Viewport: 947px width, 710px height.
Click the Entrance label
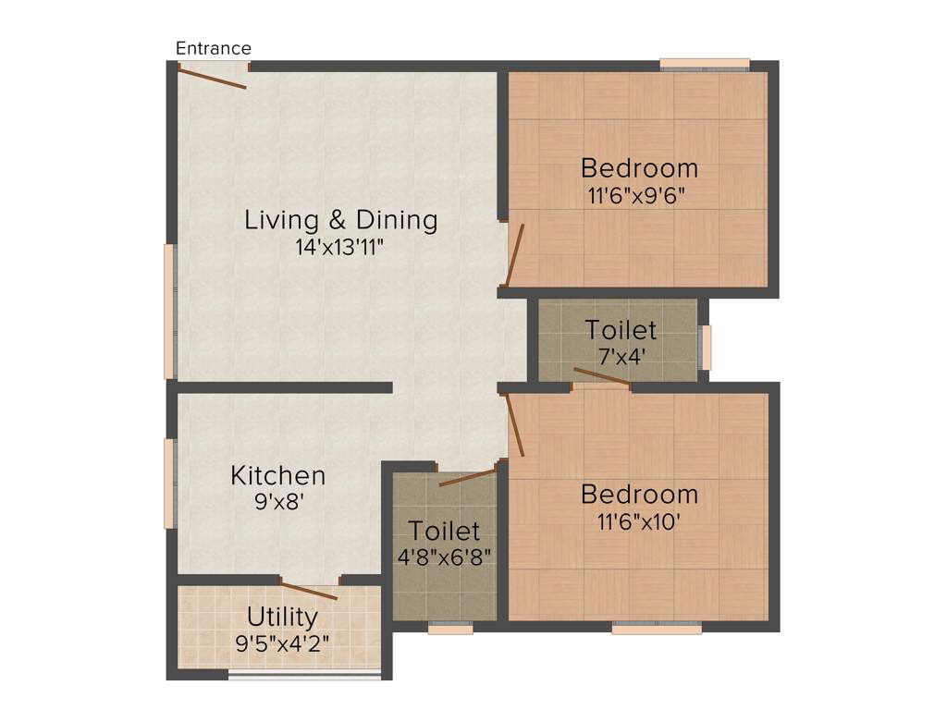point(213,48)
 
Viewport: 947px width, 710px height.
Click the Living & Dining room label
point(340,220)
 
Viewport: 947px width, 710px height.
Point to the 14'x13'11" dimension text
point(340,247)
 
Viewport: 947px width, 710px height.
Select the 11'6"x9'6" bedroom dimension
point(639,195)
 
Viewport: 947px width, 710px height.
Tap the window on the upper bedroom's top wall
point(704,64)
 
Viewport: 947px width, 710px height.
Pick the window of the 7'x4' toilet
point(706,348)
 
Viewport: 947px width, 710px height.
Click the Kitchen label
point(277,476)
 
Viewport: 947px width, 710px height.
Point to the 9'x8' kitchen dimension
point(277,502)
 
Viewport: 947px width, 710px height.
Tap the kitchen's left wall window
point(169,483)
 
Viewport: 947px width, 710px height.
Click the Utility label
point(282,617)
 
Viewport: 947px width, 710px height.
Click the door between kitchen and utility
point(309,591)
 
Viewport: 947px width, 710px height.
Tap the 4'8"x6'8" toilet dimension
point(445,557)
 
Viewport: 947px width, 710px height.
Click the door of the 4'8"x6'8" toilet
point(468,477)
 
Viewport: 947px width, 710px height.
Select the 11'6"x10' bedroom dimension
point(639,520)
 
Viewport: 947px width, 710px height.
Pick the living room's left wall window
point(169,311)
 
